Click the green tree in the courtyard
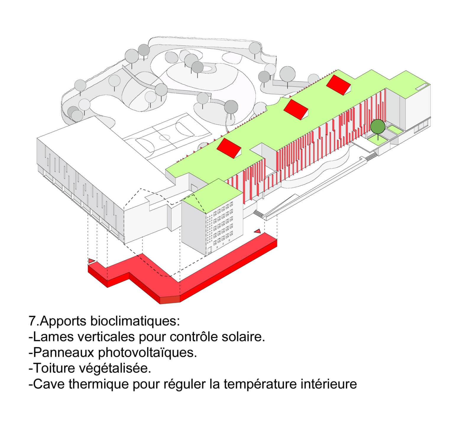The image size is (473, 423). (x=378, y=126)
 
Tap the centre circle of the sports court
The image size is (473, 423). (x=165, y=137)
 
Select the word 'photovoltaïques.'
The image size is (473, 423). (x=147, y=352)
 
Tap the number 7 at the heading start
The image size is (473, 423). (x=32, y=321)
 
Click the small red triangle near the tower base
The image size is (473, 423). (x=258, y=231)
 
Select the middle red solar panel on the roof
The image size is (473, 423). (x=296, y=109)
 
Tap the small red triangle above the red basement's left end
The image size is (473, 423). (x=92, y=261)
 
